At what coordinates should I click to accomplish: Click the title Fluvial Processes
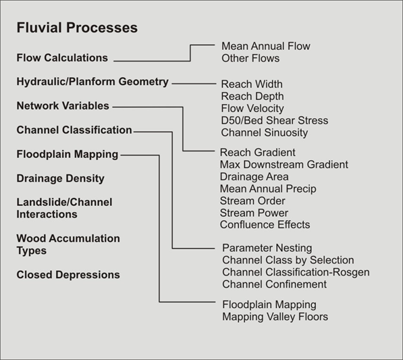coord(77,28)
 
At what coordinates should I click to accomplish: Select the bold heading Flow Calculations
coord(62,58)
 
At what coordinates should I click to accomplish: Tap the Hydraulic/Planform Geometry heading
coord(92,82)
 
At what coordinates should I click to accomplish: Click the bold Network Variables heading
coord(63,105)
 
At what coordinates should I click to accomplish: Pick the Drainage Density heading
coord(60,178)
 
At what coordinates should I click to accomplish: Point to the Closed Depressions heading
coord(68,275)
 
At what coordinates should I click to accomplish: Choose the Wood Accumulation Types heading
coord(68,245)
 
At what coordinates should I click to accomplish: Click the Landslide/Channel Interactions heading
coord(64,208)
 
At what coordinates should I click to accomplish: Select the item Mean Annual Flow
coord(266,47)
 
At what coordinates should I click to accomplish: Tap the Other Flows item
coord(250,58)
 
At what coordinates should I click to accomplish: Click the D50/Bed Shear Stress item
coord(275,120)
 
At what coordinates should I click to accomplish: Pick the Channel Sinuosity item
coord(265,132)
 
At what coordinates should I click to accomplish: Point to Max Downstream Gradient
coord(284,165)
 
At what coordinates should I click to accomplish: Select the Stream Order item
coord(252,201)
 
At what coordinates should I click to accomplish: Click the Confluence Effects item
coord(265,225)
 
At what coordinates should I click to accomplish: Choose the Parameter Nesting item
coord(267,248)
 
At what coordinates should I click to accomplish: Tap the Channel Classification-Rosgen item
coord(296,272)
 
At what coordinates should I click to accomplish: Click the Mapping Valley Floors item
coord(275,317)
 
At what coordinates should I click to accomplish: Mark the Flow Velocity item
coord(252,109)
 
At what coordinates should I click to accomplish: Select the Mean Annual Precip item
coord(268,188)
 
